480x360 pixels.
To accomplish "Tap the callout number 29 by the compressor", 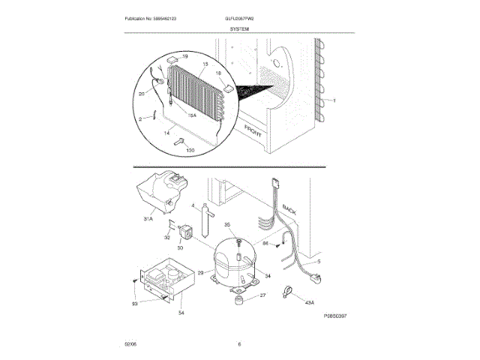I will [x=200, y=273].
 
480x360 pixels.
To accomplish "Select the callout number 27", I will [x=262, y=295].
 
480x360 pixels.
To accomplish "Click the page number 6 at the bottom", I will [x=239, y=344].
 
